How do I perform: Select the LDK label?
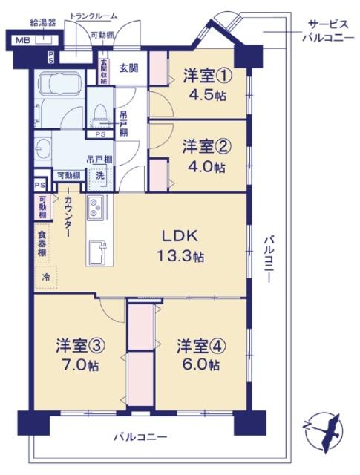click(181, 237)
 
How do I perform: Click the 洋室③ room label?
click(76, 345)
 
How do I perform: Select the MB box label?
click(23, 41)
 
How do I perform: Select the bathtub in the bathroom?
click(57, 88)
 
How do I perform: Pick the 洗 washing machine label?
click(99, 177)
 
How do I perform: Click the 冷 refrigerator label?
click(45, 276)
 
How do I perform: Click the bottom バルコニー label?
click(140, 437)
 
